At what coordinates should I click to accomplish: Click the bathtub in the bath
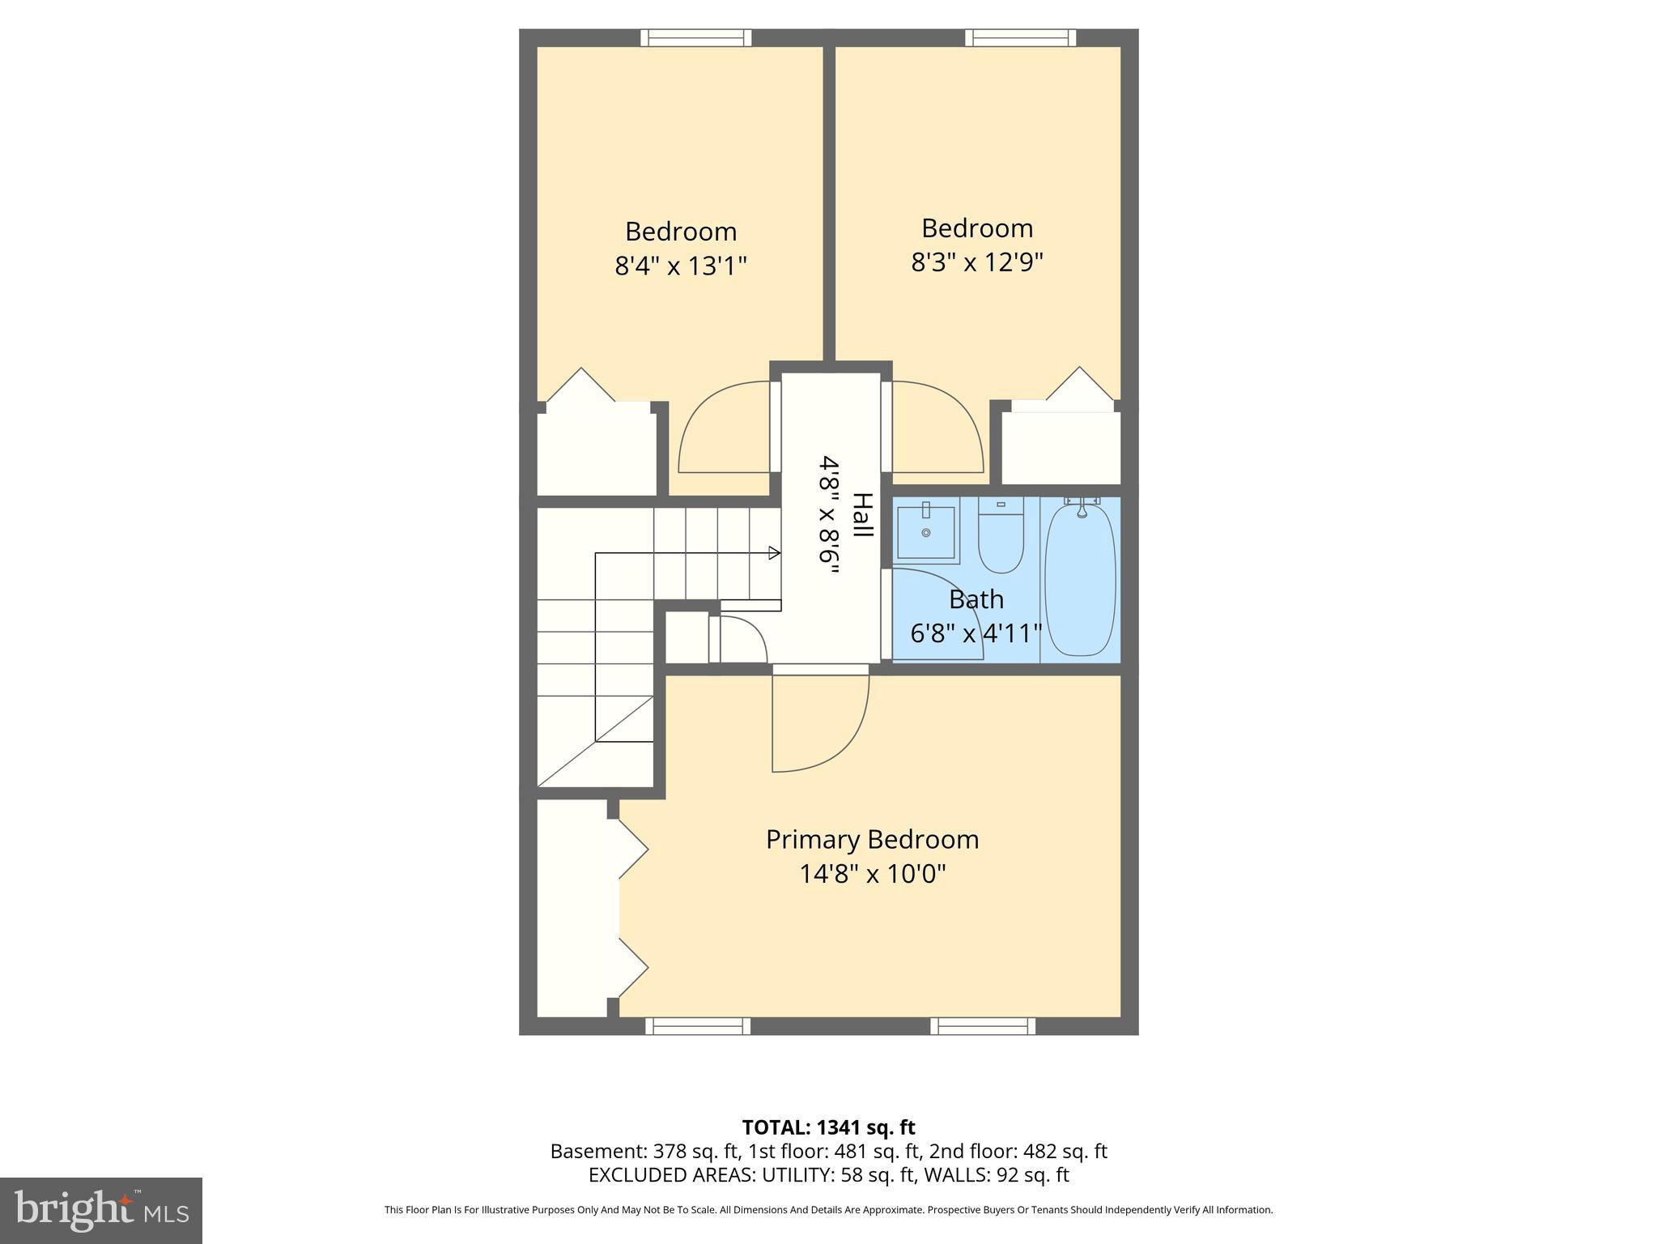[x=1080, y=580]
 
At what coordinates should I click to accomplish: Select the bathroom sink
[x=926, y=531]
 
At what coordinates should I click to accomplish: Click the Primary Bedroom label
[x=872, y=839]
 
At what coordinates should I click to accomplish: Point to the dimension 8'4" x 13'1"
[x=681, y=266]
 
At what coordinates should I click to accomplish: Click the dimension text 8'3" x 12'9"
[x=977, y=262]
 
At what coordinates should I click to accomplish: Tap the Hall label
[x=863, y=515]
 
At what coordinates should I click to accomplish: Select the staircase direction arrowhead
[x=774, y=553]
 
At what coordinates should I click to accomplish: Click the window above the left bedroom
[x=696, y=37]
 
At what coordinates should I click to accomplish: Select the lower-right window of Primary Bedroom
[x=983, y=1026]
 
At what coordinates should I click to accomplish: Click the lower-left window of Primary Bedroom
[x=698, y=1026]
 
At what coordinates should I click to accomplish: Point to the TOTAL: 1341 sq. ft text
[x=828, y=1127]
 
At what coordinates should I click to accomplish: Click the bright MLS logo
[x=101, y=1210]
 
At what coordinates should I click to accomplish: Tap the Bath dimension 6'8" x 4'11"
[x=976, y=633]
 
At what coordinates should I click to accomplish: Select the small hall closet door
[x=741, y=640]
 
